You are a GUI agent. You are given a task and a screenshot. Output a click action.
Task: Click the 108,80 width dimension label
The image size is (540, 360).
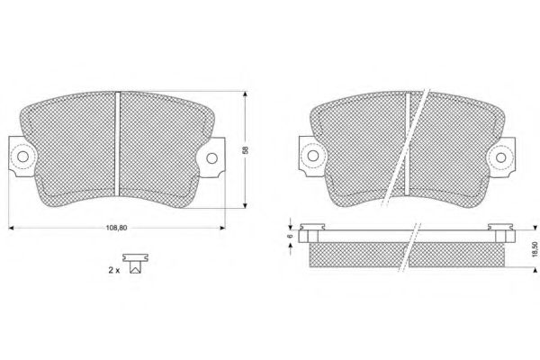pos(116,228)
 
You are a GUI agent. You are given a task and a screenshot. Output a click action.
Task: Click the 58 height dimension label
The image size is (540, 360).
pos(245,150)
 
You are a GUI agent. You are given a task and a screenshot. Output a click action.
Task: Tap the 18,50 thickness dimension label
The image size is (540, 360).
pos(535,248)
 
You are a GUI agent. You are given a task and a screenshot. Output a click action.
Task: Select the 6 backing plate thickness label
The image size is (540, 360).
pos(291,236)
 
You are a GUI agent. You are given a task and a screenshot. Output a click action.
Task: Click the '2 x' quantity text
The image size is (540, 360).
pos(114,270)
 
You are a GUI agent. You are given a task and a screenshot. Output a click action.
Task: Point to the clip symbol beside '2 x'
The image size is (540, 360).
pos(136,264)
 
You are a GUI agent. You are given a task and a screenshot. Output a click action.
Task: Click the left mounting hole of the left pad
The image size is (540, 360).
pos(22,157)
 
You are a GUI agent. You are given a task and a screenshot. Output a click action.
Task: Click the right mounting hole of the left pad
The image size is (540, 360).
pos(211,158)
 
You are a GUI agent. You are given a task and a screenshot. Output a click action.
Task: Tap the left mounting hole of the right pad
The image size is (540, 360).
pos(312,156)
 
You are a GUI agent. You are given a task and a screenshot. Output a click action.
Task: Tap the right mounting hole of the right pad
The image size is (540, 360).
pos(501,157)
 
